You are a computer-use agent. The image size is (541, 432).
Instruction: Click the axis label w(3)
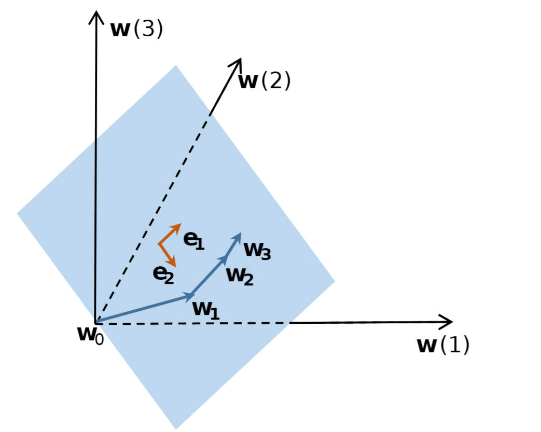[x=136, y=30]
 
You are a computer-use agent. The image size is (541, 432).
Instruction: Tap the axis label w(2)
[x=265, y=81]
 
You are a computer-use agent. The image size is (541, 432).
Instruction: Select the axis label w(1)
[x=443, y=345]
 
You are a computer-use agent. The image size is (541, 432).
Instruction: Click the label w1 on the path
[x=206, y=309]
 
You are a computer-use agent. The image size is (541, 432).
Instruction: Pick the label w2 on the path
[x=240, y=276]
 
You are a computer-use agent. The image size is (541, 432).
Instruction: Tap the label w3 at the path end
[x=257, y=251]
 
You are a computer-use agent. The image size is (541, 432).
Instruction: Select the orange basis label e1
[x=194, y=240]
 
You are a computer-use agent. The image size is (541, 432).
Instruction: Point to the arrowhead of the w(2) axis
[x=238, y=64]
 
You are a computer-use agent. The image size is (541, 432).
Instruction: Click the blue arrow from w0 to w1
[x=143, y=309]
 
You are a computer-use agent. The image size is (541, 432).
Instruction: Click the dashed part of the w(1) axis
[x=192, y=323]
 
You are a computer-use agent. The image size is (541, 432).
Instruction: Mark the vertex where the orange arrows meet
[x=159, y=243]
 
